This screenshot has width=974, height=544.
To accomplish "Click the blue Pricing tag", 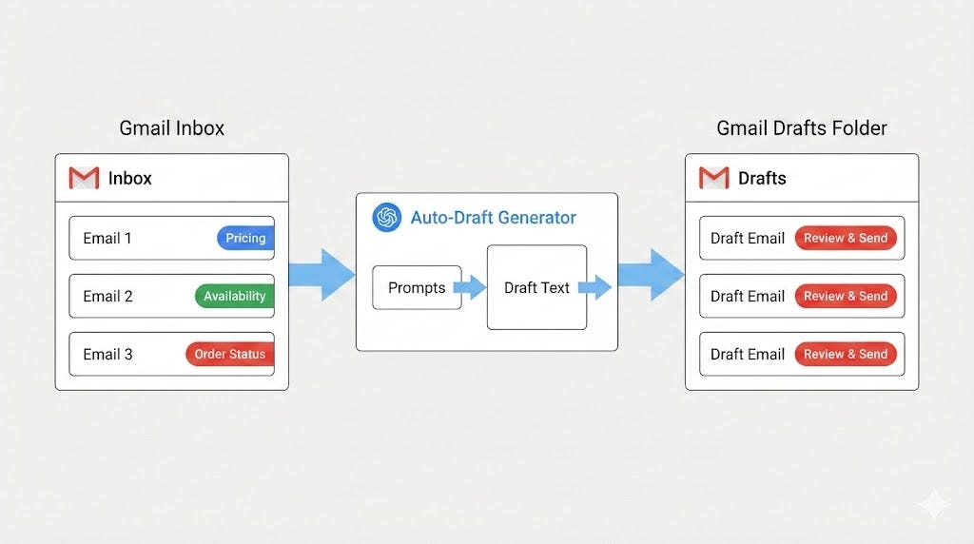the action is click(x=245, y=238).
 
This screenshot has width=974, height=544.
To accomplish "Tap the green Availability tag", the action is click(x=234, y=296).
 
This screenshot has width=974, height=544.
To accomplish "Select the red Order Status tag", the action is click(x=229, y=354).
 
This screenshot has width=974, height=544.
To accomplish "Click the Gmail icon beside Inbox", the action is click(x=84, y=178).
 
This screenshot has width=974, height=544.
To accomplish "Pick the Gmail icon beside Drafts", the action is click(x=713, y=178).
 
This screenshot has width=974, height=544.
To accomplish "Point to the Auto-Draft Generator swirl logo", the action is click(x=386, y=218).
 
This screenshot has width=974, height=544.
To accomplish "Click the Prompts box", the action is click(x=417, y=287).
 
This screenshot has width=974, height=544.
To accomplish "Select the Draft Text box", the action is click(x=536, y=287).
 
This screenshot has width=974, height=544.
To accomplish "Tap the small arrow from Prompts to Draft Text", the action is click(x=470, y=287).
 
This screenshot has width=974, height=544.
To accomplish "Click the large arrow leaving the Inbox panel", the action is click(x=322, y=274).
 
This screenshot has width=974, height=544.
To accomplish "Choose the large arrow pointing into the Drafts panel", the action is click(x=652, y=274).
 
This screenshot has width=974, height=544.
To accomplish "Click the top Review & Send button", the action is click(x=846, y=238).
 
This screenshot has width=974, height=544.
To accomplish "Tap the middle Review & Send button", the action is click(x=846, y=296).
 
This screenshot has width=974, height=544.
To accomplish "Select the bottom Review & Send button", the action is click(x=846, y=354).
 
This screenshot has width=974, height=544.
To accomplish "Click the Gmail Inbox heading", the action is click(x=172, y=127).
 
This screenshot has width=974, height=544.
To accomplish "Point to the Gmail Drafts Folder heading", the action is click(x=802, y=127).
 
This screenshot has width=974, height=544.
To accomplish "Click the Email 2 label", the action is click(x=107, y=296).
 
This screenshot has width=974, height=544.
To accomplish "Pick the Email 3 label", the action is click(x=107, y=354).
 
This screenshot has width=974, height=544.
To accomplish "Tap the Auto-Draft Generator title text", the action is click(x=493, y=218).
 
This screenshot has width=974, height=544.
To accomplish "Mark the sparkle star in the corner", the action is click(x=934, y=504).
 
